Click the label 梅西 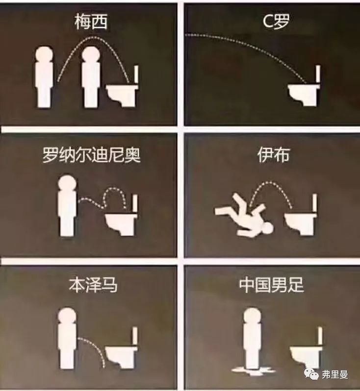coord(91,22)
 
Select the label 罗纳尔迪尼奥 coord(91,155)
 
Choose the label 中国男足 coord(271,285)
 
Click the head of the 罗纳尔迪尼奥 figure coord(66,184)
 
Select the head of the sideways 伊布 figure coord(266,228)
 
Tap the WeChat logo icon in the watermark coord(310,374)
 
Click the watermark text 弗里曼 coord(336,375)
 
